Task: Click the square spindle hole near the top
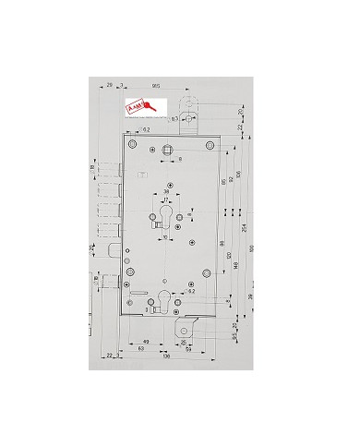click(x=167, y=151)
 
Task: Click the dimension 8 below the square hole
click(x=181, y=160)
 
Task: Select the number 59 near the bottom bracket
click(x=187, y=351)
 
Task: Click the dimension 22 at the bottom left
click(x=108, y=355)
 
